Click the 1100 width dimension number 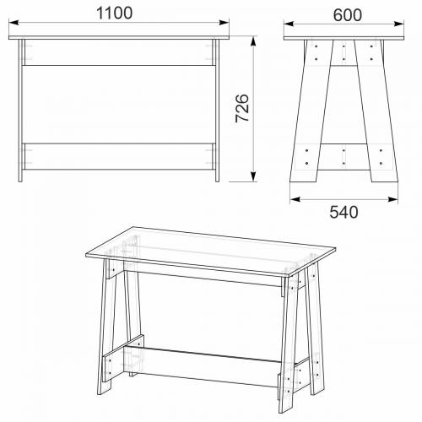[x=114, y=14]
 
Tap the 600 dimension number [x=348, y=15]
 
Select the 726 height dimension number [x=242, y=108]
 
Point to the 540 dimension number [x=344, y=212]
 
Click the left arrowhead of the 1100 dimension [x=14, y=23]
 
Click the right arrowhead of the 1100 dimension [x=224, y=23]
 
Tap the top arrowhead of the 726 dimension [x=253, y=41]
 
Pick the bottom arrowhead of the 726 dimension [x=253, y=176]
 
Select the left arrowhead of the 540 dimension [x=295, y=199]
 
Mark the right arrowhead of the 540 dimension [x=393, y=199]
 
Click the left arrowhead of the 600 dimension [x=289, y=24]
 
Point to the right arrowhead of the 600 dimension [x=399, y=24]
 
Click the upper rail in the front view [x=119, y=52]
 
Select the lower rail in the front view [x=119, y=156]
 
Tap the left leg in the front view [x=20, y=111]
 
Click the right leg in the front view [x=217, y=111]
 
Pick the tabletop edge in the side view [x=344, y=38]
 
